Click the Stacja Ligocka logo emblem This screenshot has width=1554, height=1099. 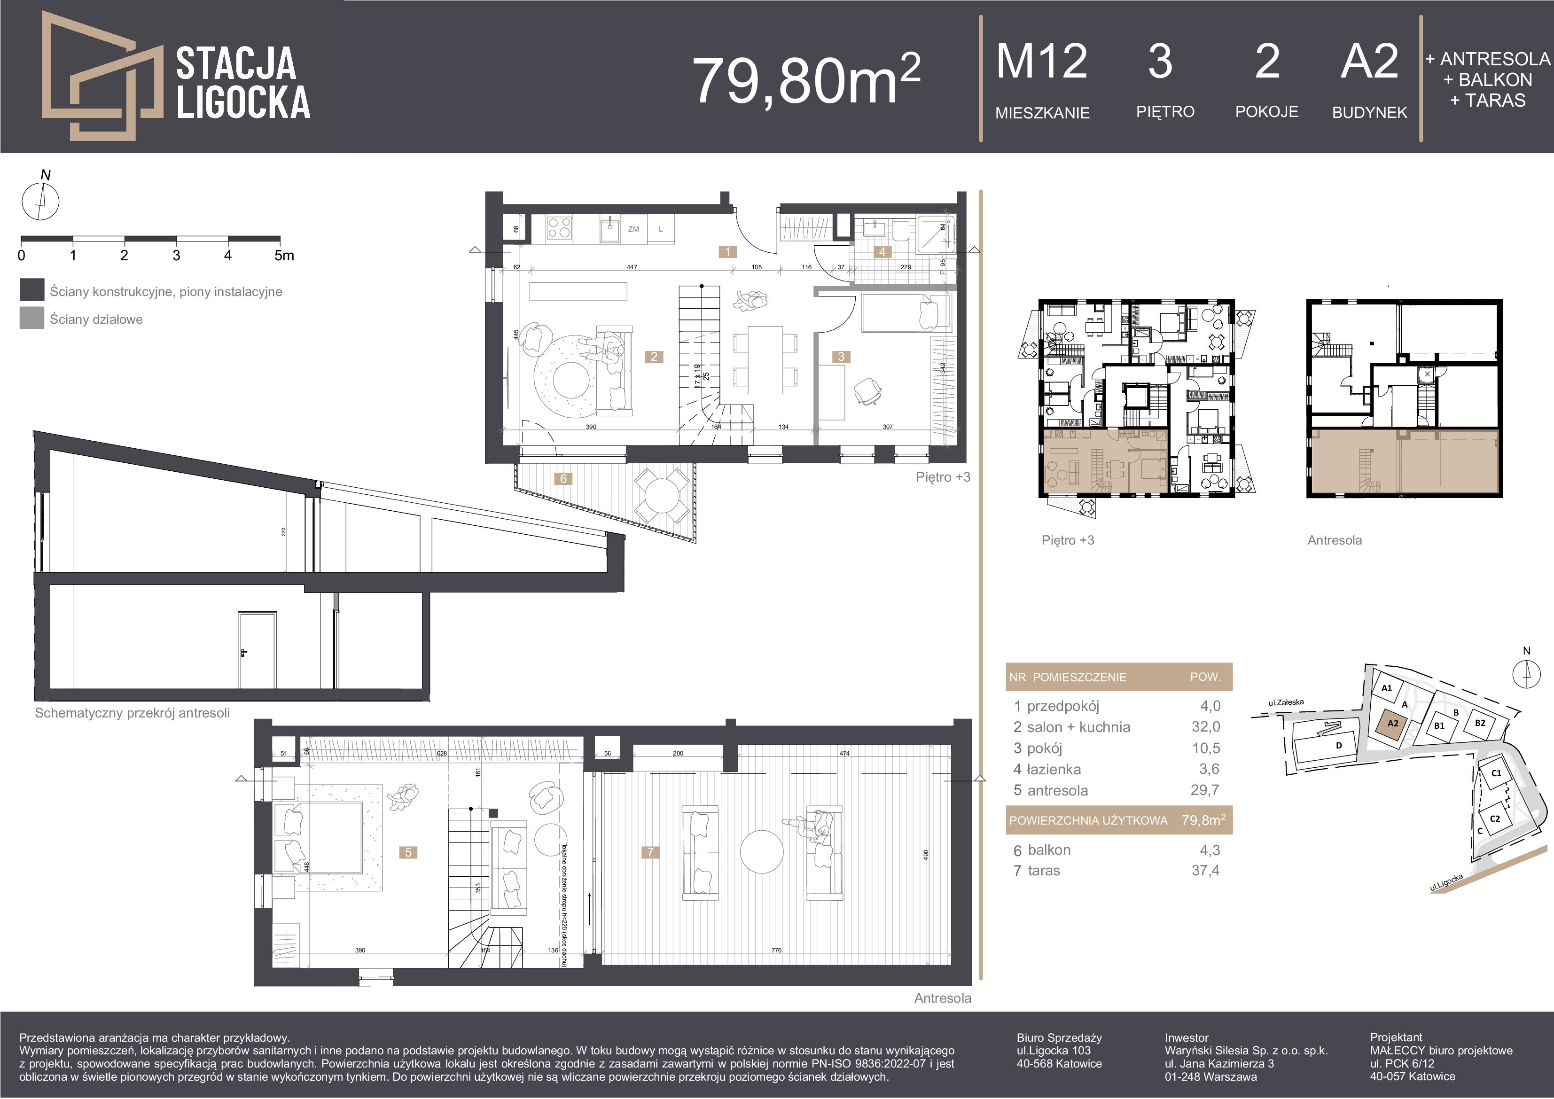click(102, 76)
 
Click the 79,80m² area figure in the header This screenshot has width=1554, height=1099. click(805, 80)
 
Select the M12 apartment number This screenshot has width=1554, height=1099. click(1042, 62)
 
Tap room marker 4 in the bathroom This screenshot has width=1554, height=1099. click(882, 252)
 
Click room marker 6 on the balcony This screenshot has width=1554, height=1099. click(563, 478)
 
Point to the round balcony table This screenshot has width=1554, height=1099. click(661, 497)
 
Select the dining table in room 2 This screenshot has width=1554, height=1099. click(765, 360)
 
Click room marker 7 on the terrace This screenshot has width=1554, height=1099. click(650, 852)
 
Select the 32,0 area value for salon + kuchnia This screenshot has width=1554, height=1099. click(1205, 727)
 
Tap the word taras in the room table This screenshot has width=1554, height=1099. click(1044, 871)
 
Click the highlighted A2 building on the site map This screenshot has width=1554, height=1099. click(1393, 724)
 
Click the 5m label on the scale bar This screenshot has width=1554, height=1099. click(284, 256)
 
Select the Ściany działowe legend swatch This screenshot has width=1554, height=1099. click(32, 319)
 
